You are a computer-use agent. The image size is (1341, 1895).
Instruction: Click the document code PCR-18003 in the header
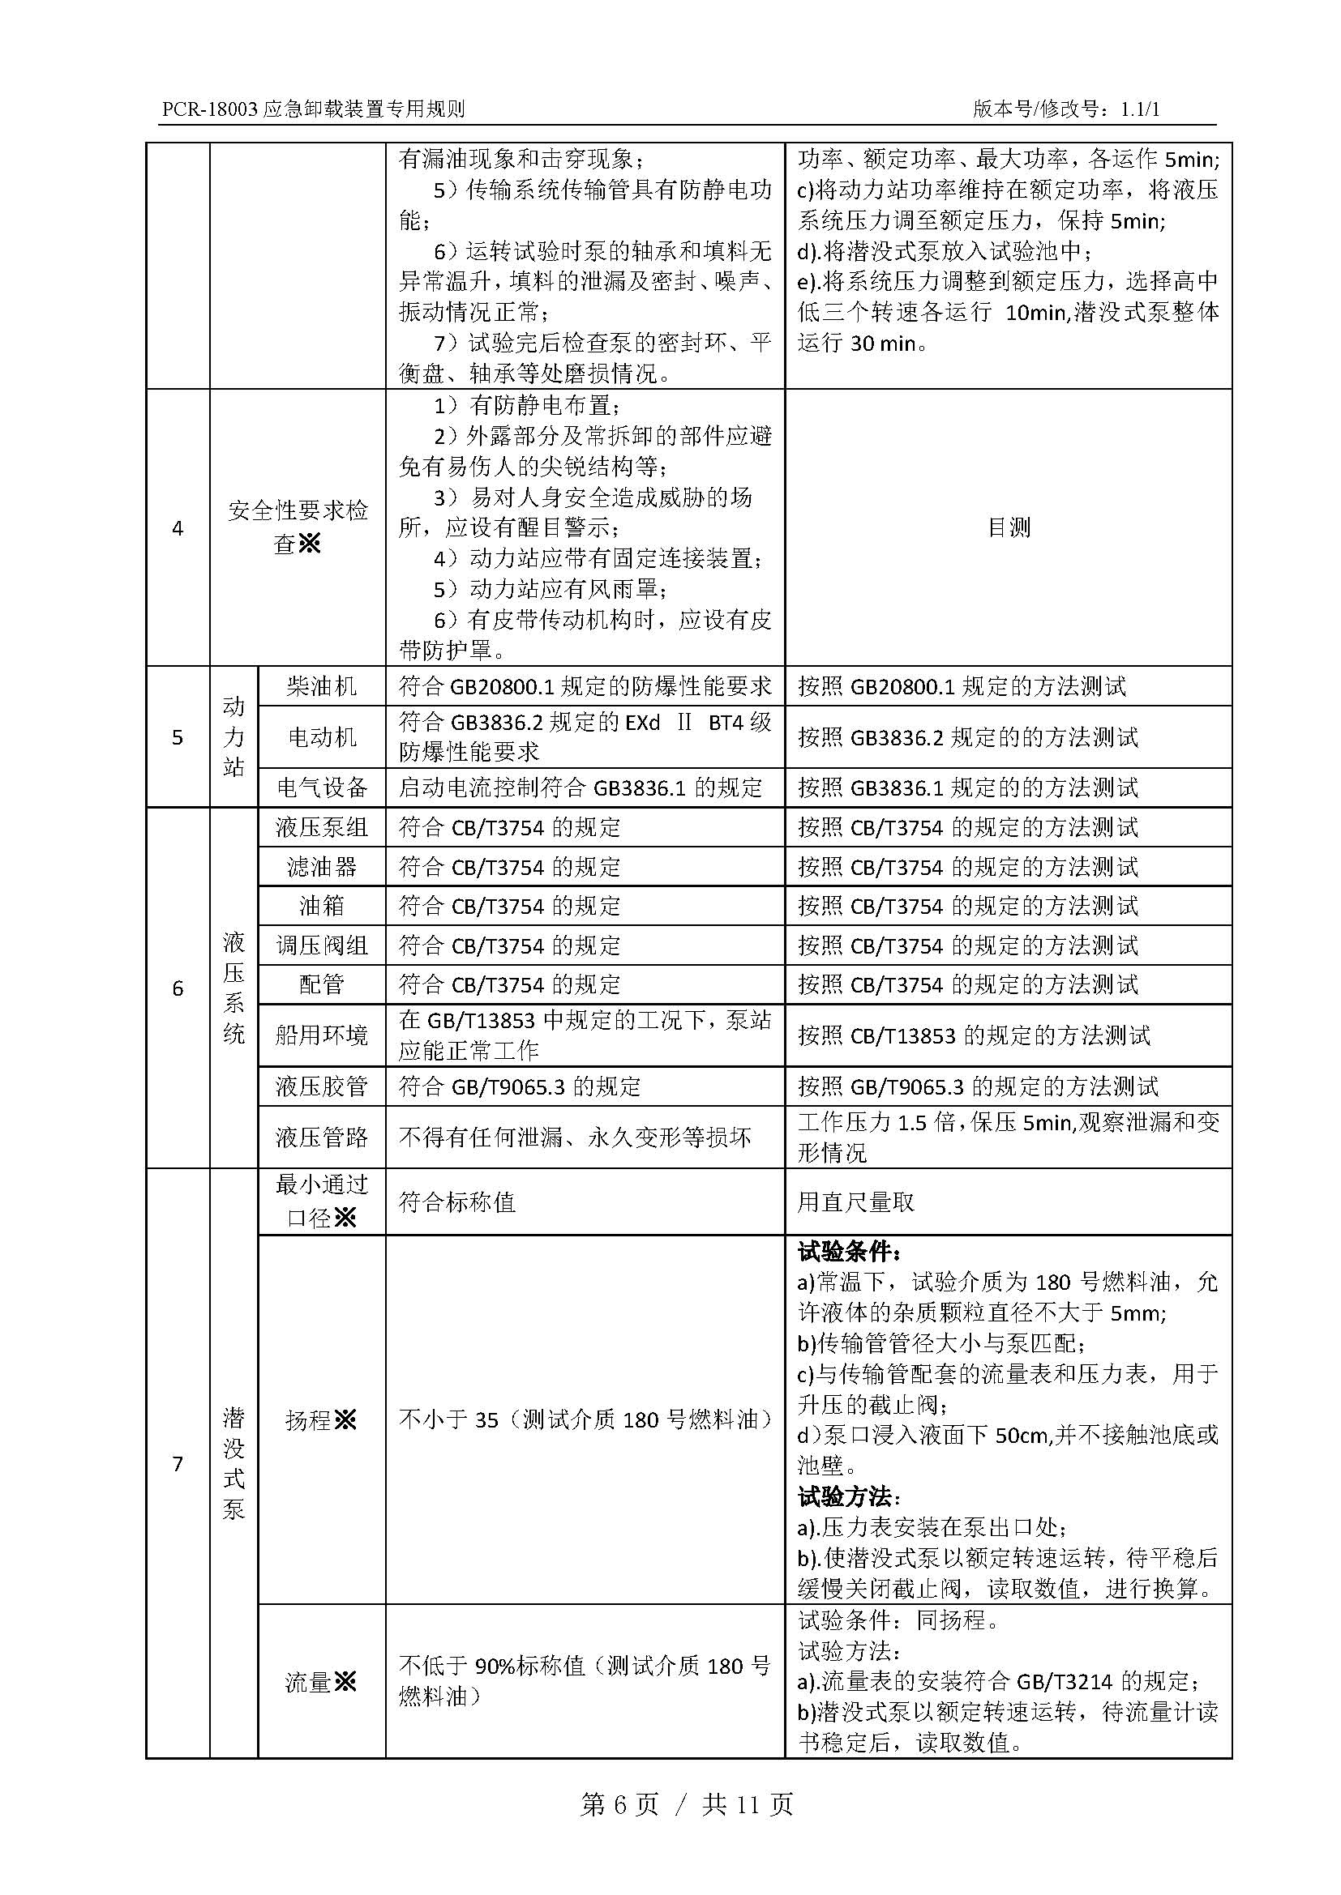(210, 109)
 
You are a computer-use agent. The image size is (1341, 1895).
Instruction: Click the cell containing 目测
(1009, 527)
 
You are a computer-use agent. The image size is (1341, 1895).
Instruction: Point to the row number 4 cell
(178, 528)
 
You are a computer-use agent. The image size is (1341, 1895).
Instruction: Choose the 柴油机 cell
(321, 687)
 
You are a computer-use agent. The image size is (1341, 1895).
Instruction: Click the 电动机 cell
(321, 736)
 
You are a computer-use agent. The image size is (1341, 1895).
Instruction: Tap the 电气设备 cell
(321, 787)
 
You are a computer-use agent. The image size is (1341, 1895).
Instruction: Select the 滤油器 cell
(321, 867)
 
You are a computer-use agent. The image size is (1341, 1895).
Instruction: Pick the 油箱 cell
(321, 907)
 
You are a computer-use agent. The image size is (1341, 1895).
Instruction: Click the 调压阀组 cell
(321, 945)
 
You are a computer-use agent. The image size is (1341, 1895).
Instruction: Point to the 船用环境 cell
(321, 1035)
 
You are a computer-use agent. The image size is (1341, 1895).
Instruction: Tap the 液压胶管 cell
(321, 1086)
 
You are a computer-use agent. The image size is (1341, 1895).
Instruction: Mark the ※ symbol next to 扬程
(345, 1419)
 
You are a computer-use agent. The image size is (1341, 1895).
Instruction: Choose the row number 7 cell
(178, 1463)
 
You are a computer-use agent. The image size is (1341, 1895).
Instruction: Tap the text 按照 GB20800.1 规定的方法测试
(962, 687)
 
